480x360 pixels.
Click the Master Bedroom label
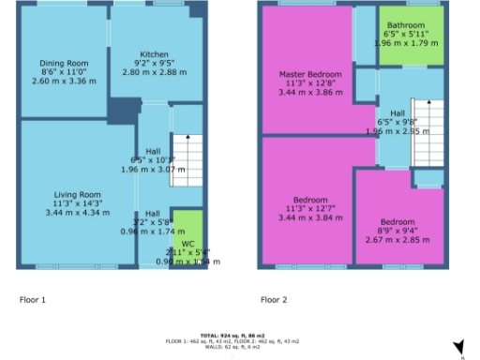point(309,73)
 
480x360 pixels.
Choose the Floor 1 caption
point(33,300)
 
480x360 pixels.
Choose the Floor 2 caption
point(274,300)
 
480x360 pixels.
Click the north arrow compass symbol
point(458,348)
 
